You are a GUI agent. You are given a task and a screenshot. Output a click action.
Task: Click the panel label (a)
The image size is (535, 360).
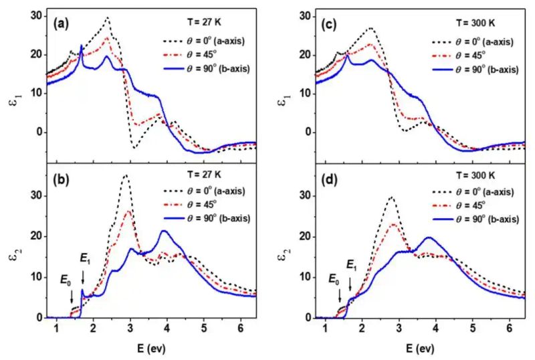(x=61, y=24)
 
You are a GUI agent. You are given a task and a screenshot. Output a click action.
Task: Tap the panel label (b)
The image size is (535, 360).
(x=61, y=180)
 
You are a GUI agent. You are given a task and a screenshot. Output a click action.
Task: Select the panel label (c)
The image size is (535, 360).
(x=329, y=25)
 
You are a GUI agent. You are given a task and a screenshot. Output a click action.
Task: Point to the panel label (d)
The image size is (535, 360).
(x=329, y=180)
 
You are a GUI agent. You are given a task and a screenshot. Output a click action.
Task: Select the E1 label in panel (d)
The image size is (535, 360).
(x=352, y=266)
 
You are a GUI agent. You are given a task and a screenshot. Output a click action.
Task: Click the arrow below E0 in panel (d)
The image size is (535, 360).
(x=340, y=295)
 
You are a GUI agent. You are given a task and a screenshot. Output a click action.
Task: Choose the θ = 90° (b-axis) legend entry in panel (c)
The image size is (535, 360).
(x=476, y=70)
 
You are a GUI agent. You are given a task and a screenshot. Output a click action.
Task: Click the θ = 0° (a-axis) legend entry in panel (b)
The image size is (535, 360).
(x=205, y=191)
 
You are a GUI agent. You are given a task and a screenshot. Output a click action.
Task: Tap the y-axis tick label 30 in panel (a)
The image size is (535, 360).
(x=35, y=16)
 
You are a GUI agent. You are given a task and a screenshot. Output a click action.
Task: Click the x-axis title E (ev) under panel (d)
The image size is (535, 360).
(x=421, y=349)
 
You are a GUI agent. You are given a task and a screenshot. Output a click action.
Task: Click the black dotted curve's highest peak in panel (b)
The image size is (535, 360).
(x=126, y=175)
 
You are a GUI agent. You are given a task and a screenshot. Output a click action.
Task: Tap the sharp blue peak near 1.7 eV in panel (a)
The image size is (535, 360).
(x=81, y=45)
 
